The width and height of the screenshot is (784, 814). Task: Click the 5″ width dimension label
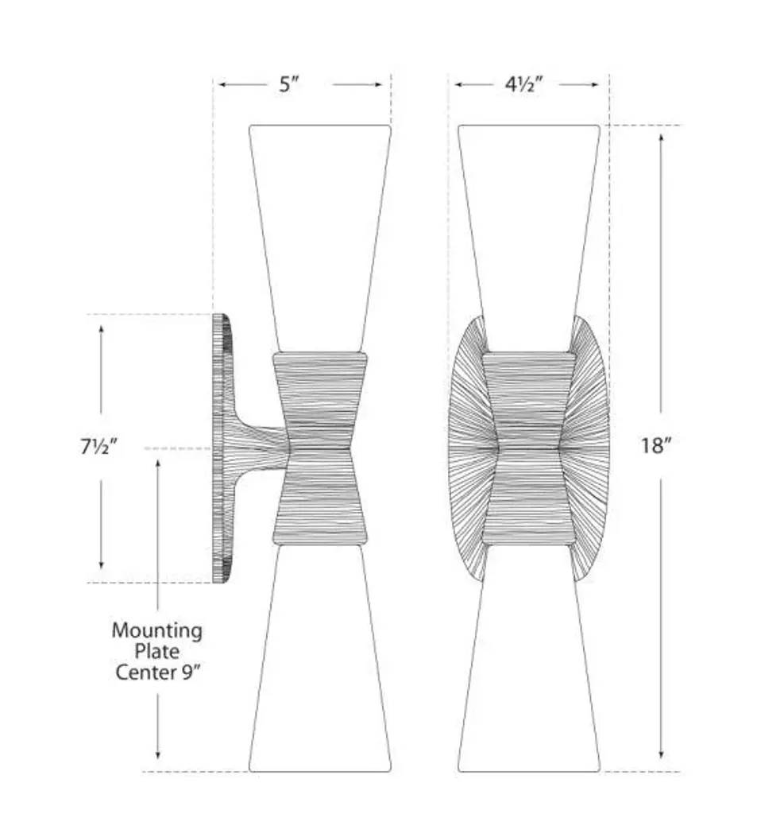pos(288,84)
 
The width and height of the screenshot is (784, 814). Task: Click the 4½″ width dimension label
pos(523,84)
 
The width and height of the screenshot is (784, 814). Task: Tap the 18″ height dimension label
pos(657,446)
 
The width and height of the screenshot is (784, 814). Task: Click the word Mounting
pos(156,631)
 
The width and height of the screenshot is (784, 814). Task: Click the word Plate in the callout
pos(157,652)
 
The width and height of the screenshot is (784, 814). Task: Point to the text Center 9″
pos(156,673)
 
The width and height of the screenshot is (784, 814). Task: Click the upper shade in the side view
pos(319,231)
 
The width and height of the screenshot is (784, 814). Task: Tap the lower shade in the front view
pos(528,668)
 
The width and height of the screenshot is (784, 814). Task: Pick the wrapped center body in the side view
pos(319,449)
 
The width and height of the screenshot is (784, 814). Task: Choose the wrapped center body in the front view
pos(528,449)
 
